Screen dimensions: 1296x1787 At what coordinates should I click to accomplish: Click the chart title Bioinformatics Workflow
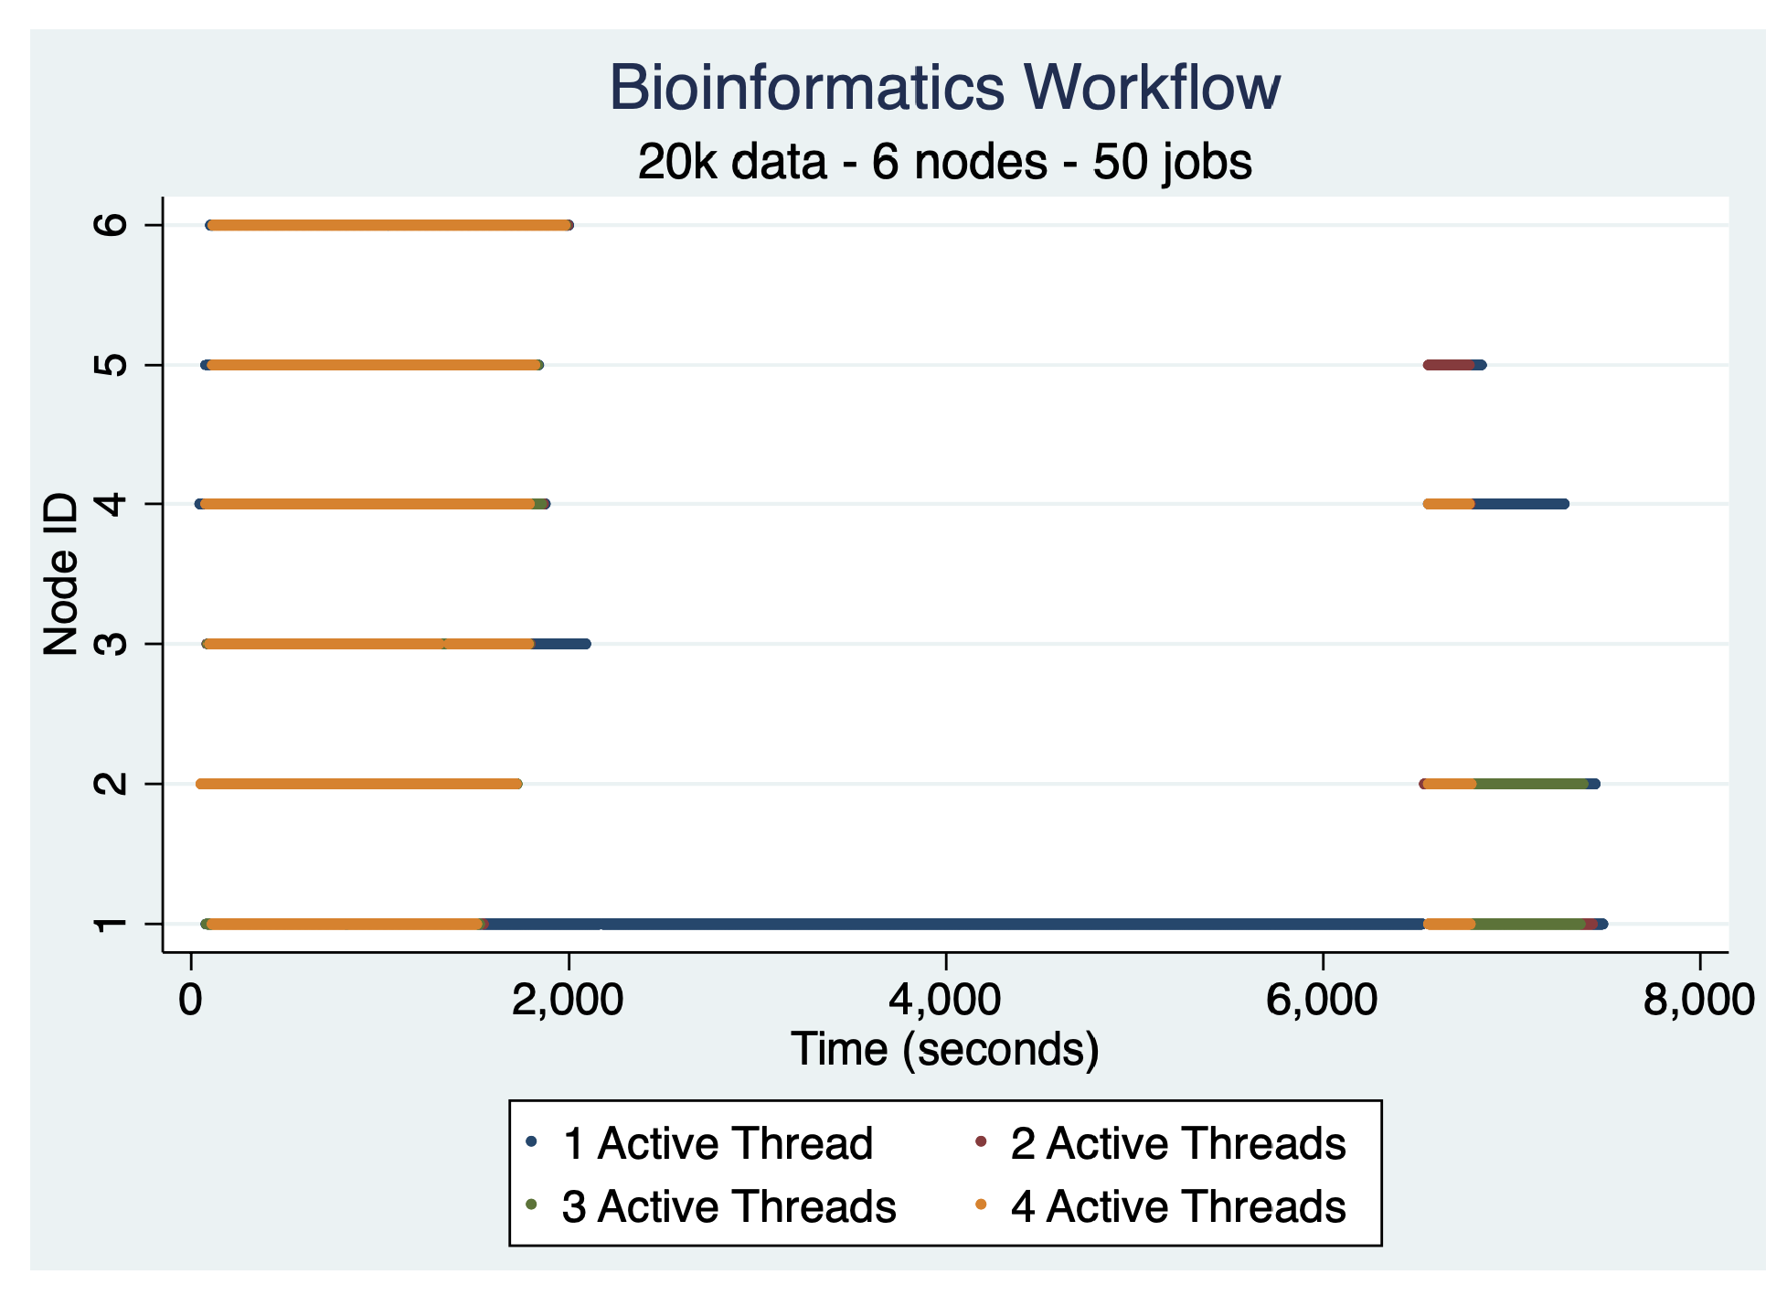pos(944,88)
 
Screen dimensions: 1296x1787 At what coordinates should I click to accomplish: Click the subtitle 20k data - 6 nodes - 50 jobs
pos(944,162)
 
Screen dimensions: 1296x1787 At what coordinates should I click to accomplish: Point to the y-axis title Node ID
pos(61,573)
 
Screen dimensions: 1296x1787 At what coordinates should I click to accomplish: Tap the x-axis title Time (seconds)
pos(944,1048)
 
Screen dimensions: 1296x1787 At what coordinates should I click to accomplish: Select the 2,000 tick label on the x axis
pos(567,1000)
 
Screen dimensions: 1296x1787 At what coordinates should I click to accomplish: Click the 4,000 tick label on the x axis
pos(944,1000)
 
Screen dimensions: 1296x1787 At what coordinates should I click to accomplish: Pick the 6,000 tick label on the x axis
pos(1321,1000)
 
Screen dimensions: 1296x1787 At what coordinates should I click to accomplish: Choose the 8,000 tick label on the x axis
pos(1698,1000)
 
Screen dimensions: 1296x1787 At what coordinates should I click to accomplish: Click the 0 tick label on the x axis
pos(190,1000)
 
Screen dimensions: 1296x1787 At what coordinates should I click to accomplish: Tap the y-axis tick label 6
pos(112,225)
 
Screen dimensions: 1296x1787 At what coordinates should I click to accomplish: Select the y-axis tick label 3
pos(112,644)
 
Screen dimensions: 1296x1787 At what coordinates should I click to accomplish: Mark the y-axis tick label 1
pos(112,924)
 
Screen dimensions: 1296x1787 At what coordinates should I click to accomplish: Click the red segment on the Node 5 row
pos(1450,365)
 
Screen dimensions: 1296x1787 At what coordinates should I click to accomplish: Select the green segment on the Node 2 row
pos(1531,784)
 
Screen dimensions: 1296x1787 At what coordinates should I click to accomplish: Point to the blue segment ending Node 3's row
pos(562,644)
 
